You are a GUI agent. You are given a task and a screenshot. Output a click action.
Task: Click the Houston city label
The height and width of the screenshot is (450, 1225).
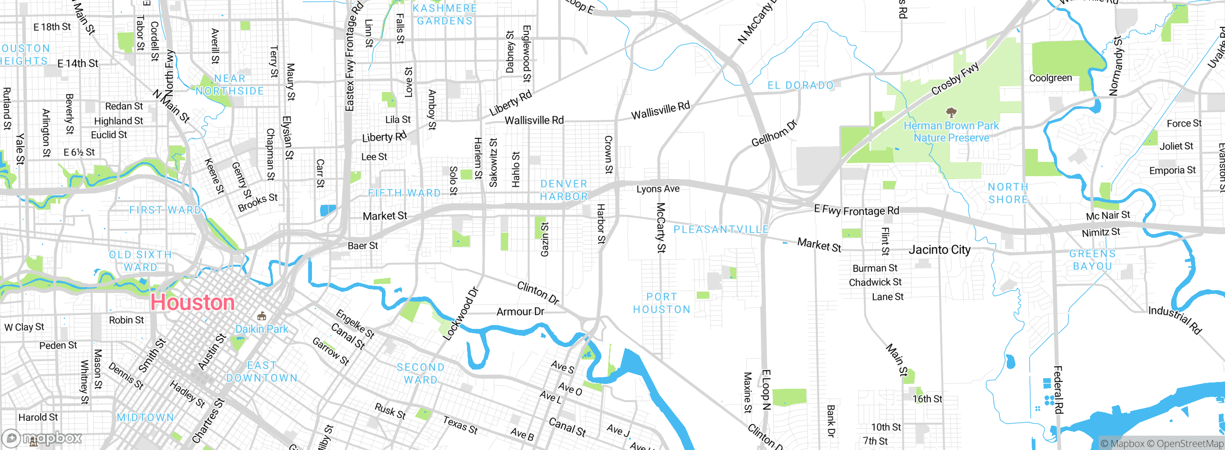pos(192,303)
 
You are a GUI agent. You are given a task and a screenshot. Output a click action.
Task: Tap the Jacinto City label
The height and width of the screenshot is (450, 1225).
pos(939,250)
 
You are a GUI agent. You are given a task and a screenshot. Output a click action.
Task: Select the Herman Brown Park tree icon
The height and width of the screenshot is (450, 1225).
pos(951,113)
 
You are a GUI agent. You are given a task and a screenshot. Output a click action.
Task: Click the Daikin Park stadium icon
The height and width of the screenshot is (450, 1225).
pos(262,316)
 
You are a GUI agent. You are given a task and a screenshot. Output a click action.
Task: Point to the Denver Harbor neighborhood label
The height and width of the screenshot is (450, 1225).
pos(564,190)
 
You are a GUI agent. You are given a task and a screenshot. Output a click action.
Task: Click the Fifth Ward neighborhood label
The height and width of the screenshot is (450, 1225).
pos(404,193)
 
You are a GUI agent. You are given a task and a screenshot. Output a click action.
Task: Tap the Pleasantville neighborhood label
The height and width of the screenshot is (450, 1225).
pos(721,230)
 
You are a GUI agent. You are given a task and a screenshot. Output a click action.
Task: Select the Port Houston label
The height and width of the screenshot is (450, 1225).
pos(662,303)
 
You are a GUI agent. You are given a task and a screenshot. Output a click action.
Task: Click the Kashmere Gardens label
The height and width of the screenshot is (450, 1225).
pos(445,14)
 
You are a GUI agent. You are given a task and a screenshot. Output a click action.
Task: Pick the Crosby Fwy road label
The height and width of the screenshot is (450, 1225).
pos(955,79)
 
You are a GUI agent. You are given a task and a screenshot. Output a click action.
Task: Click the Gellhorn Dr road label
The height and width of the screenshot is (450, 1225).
pos(774,134)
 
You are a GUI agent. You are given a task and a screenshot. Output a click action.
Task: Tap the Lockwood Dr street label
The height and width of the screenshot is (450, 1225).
pos(460,314)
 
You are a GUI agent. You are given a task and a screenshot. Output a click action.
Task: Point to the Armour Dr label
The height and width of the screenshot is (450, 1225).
pos(520,312)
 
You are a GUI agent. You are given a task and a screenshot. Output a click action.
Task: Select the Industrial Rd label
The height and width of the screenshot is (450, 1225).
pos(1175,320)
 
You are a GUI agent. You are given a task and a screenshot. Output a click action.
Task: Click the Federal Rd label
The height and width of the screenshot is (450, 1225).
pos(1058,389)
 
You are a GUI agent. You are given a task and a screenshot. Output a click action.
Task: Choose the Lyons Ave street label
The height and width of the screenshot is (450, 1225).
pos(657,189)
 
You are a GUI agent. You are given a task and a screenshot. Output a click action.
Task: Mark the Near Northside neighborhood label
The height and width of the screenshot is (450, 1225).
pos(230,85)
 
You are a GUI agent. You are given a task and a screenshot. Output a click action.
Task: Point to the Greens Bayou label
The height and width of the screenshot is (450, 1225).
pos(1092,260)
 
